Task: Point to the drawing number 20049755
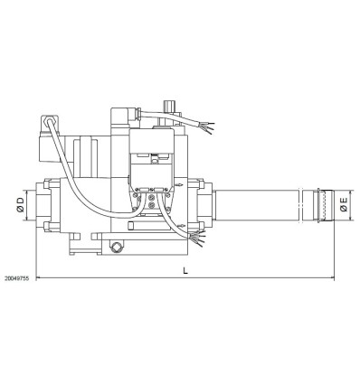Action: [16, 280]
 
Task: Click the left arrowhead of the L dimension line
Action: [39, 277]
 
